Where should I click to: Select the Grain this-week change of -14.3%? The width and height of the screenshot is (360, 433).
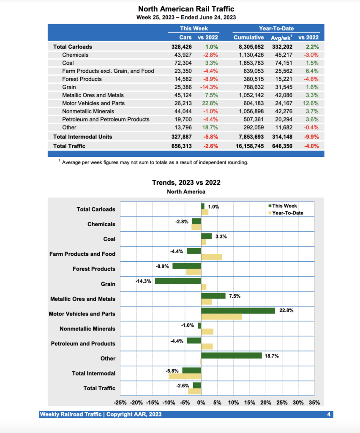(211, 87)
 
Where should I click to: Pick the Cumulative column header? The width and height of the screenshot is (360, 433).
(249, 38)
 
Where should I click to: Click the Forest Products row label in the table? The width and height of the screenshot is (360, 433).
(82, 79)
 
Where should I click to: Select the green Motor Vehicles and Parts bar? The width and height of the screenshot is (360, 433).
(238, 311)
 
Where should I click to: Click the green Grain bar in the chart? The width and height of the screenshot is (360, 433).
(178, 281)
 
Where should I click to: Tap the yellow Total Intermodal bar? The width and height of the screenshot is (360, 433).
(185, 376)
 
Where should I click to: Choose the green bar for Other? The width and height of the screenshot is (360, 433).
(232, 356)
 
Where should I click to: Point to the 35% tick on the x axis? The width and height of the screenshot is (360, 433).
(314, 403)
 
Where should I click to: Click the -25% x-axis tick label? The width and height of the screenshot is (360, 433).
(120, 403)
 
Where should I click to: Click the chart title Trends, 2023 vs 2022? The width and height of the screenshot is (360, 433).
(186, 183)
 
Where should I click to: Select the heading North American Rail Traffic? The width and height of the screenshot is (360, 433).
(186, 9)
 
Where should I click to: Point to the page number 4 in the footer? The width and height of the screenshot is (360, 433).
(329, 414)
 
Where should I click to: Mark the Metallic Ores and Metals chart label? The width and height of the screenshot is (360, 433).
(82, 299)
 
